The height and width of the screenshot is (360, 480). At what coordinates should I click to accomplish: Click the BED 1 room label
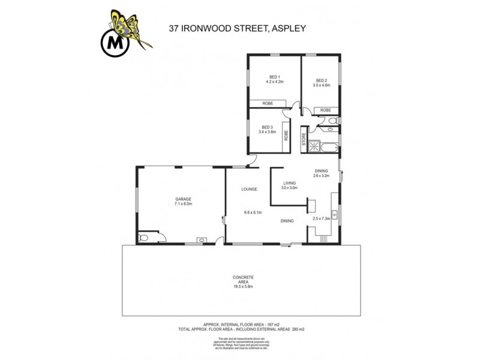point(275,76)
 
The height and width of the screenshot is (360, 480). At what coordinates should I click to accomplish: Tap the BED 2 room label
point(322,80)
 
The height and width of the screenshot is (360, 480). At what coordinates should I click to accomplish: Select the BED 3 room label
point(268,127)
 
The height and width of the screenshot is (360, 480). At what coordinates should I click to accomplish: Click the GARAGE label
point(183,199)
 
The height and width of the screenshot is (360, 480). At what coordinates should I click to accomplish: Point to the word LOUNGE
point(249,189)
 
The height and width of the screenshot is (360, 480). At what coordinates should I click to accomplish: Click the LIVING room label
point(290,184)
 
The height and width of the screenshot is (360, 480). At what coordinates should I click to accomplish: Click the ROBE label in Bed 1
point(268,104)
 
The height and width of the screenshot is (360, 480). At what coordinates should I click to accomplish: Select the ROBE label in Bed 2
point(325,110)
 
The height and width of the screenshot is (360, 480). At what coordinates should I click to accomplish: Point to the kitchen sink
point(336,214)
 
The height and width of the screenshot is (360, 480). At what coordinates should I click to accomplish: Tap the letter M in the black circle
point(112,43)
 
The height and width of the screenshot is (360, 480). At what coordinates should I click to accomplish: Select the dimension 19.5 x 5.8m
point(243,287)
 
